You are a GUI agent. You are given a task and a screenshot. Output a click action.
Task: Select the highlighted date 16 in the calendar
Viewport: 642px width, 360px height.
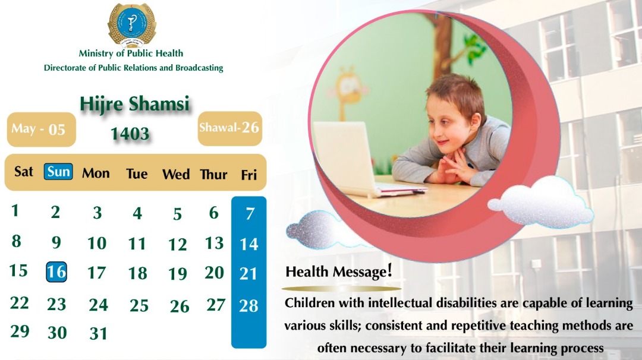[56, 272]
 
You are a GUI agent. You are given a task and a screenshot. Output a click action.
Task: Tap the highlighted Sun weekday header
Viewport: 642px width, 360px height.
[58, 172]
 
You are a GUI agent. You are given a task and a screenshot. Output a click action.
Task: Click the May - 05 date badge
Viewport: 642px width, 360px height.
[38, 129]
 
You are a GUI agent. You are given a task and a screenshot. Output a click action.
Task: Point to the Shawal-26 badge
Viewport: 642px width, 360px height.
[229, 128]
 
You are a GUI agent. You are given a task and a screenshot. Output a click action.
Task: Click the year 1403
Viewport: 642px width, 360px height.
[130, 134]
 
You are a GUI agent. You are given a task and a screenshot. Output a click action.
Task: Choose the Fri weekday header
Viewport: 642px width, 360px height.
[248, 175]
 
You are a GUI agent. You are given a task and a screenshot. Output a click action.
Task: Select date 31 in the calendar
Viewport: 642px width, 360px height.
[98, 333]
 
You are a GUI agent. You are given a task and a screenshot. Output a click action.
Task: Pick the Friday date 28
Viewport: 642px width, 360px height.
[248, 306]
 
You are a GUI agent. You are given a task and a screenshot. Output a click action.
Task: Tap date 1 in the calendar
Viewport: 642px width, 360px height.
[15, 210]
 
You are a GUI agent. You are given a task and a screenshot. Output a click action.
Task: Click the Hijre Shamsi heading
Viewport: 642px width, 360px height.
[134, 105]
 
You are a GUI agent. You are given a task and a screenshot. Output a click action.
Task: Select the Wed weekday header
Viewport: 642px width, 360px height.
[176, 175]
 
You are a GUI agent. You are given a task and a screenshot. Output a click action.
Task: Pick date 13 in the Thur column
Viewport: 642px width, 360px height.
[214, 243]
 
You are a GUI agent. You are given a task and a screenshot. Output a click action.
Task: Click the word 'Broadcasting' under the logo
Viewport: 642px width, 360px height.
[199, 68]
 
